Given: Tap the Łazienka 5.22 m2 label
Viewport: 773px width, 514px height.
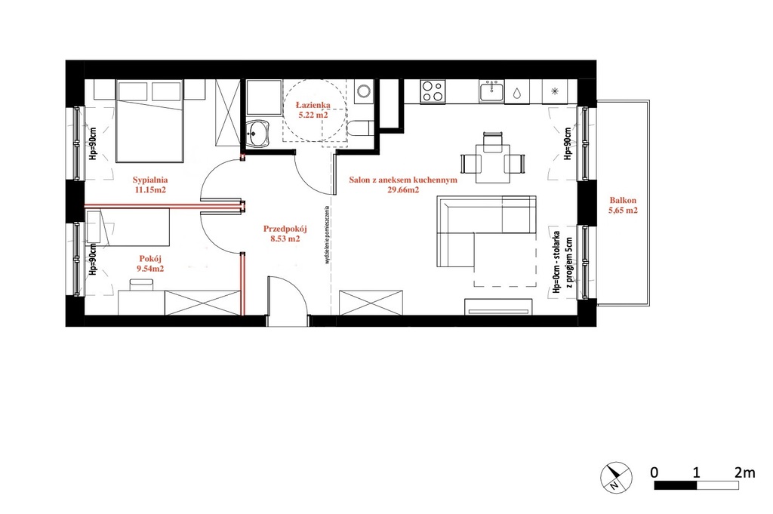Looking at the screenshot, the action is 313,109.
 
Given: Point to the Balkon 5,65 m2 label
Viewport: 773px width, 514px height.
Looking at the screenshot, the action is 623,205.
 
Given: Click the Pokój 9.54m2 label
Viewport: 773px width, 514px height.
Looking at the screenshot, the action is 150,263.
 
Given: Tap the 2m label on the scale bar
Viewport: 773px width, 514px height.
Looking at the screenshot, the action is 744,472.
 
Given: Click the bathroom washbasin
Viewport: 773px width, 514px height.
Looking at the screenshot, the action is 258,134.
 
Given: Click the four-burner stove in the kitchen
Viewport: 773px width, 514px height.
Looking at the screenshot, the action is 433,91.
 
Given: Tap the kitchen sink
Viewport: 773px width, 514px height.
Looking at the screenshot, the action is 491,92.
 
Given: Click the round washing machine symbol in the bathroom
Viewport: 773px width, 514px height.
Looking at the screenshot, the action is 365,91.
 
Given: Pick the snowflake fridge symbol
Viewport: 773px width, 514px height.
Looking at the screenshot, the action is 554,91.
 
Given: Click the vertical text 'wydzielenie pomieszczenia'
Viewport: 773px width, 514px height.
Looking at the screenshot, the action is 327,235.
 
